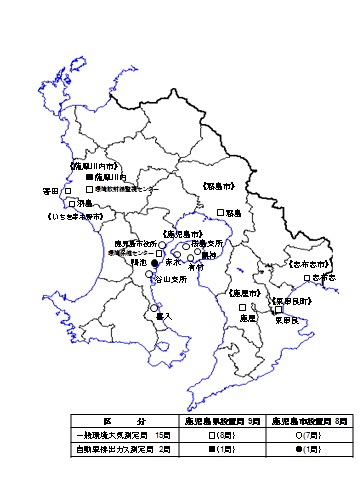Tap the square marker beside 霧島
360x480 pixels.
tap(220, 212)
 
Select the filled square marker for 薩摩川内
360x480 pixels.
tap(117, 176)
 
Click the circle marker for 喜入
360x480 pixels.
tap(155, 308)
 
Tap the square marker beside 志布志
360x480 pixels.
tap(307, 277)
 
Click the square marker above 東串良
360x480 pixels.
tap(278, 310)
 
